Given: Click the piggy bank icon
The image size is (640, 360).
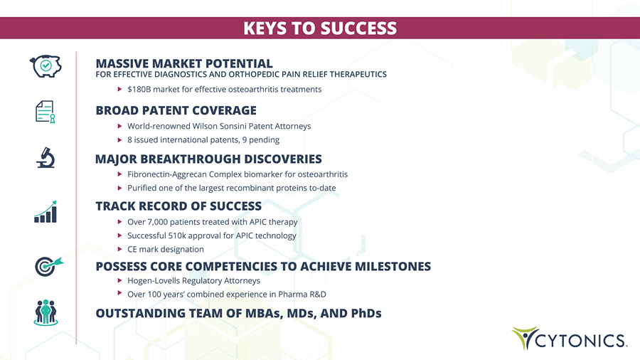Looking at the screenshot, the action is (x=46, y=66).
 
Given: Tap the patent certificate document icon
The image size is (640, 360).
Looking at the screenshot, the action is (x=46, y=112).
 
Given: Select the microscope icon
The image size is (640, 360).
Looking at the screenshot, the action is (x=46, y=157).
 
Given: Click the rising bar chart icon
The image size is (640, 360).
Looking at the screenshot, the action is (x=46, y=211).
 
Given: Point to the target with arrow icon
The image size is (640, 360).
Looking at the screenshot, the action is (x=48, y=266).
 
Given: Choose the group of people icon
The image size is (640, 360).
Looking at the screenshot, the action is (x=46, y=312).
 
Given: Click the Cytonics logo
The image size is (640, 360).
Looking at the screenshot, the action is (x=570, y=338).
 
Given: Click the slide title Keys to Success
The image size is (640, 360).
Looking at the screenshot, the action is (x=320, y=28).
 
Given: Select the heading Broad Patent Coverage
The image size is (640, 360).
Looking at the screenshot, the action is (x=176, y=110).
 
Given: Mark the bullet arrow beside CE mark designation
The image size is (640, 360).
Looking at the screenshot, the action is (x=119, y=249).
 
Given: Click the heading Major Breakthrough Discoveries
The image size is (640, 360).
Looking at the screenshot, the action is (x=208, y=159).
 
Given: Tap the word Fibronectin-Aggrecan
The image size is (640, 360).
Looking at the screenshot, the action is (x=167, y=175).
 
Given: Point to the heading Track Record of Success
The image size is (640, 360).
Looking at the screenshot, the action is (x=178, y=206).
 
